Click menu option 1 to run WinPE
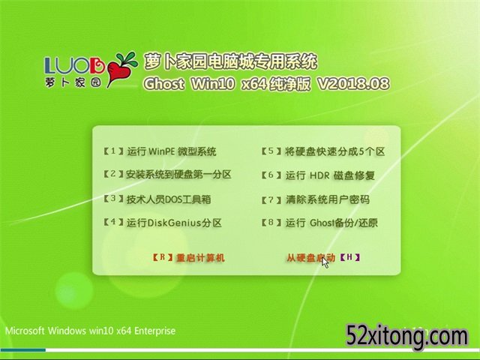tap(160, 151)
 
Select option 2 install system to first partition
tap(167, 175)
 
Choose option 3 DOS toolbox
tap(157, 199)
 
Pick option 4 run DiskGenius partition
tap(162, 223)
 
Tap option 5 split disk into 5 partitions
tap(323, 151)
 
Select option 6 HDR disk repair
tap(318, 175)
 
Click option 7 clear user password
tap(315, 200)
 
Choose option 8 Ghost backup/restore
tap(319, 223)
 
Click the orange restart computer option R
tap(188, 258)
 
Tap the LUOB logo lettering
tap(75, 65)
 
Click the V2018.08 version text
tap(353, 84)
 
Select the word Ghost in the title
tap(163, 84)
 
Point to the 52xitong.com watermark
tap(407, 337)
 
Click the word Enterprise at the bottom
tap(155, 331)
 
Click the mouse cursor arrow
tap(325, 263)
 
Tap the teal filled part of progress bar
tap(23, 350)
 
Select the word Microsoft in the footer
tap(25, 331)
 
